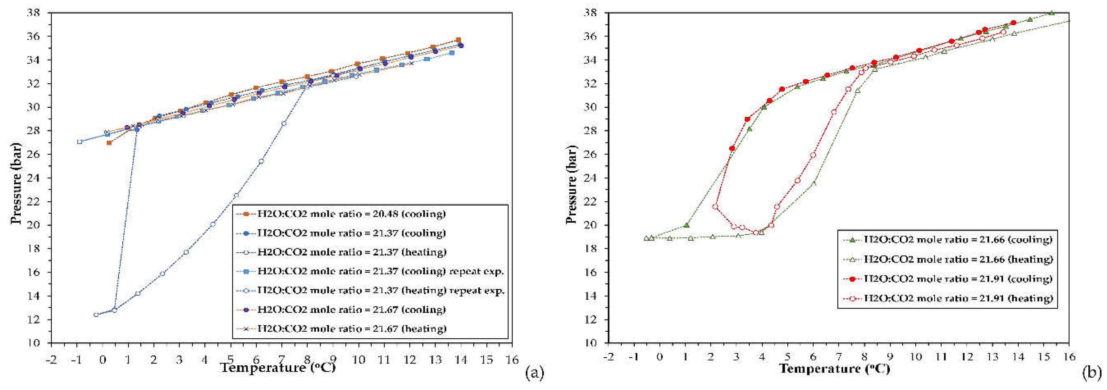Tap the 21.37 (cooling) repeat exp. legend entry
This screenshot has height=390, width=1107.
(x=380, y=271)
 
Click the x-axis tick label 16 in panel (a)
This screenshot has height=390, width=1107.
(x=512, y=359)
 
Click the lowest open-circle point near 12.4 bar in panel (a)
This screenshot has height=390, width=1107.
(x=96, y=315)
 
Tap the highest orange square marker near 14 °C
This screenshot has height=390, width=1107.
(x=458, y=40)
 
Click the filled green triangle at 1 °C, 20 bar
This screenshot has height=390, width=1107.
(x=687, y=225)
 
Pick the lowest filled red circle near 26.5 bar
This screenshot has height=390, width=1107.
(x=732, y=148)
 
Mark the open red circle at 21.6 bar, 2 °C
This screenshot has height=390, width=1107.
(x=715, y=207)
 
